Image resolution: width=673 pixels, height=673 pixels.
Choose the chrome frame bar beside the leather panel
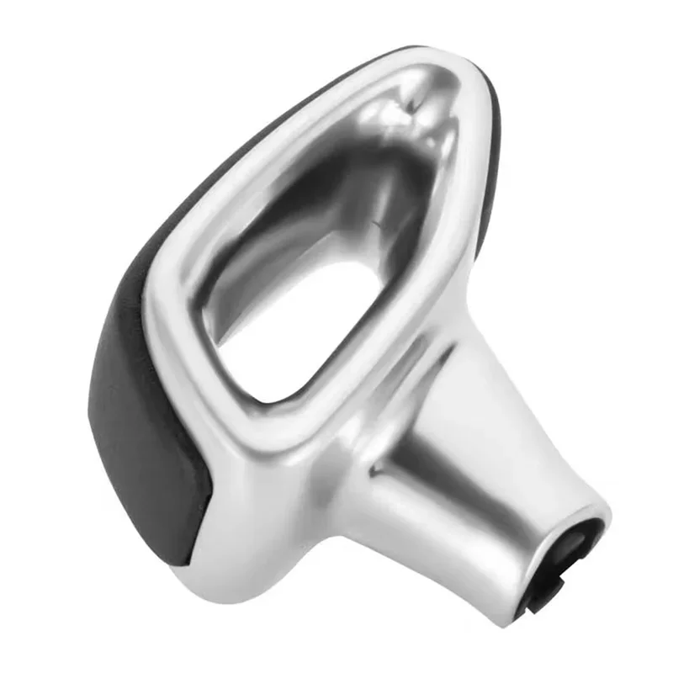(x=172, y=336)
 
